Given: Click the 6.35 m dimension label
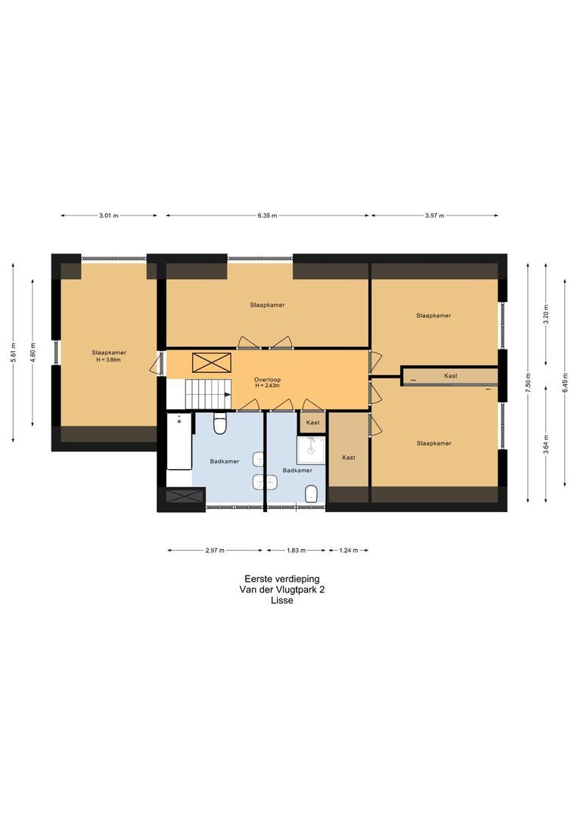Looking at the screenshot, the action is pos(267,215).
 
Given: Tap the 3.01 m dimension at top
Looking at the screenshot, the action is pos(108,215).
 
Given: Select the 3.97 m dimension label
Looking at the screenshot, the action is pos(434,215).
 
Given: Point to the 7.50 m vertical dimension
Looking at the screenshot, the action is pos(528,384).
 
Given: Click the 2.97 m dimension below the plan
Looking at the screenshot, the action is pos(215,550).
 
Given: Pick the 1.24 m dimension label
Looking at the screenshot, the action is pos(348,550).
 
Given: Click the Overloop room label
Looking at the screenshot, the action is pos(267,379).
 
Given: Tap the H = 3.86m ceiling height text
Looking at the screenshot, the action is pos(108,359).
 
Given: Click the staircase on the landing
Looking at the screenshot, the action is pos(209,394).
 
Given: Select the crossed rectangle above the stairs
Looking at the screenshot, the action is pos(212,362).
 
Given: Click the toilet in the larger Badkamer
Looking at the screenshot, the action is pos(219,424).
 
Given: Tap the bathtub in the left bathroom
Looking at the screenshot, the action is pos(179,442).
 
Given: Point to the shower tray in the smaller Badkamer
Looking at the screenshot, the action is pos(311,451).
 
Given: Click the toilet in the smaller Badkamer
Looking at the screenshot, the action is pos(312,494).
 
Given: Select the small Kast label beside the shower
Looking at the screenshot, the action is pos(312,423).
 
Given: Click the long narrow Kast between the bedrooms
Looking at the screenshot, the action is pos(451,376).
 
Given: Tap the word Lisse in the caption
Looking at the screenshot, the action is pos(282,600).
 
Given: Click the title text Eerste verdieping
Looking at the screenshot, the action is pos(282,579).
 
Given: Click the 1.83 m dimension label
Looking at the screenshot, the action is pos(296,550).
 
